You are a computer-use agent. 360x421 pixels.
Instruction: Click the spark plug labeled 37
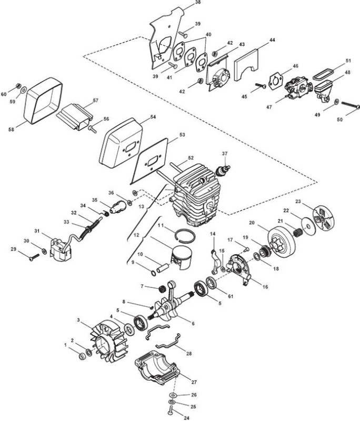223,169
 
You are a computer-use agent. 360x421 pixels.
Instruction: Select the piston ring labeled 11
185,234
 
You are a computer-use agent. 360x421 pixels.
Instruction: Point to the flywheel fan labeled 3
108,342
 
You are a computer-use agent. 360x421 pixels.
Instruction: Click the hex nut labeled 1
82,357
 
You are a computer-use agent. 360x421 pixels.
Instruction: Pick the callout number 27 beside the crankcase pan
194,382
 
